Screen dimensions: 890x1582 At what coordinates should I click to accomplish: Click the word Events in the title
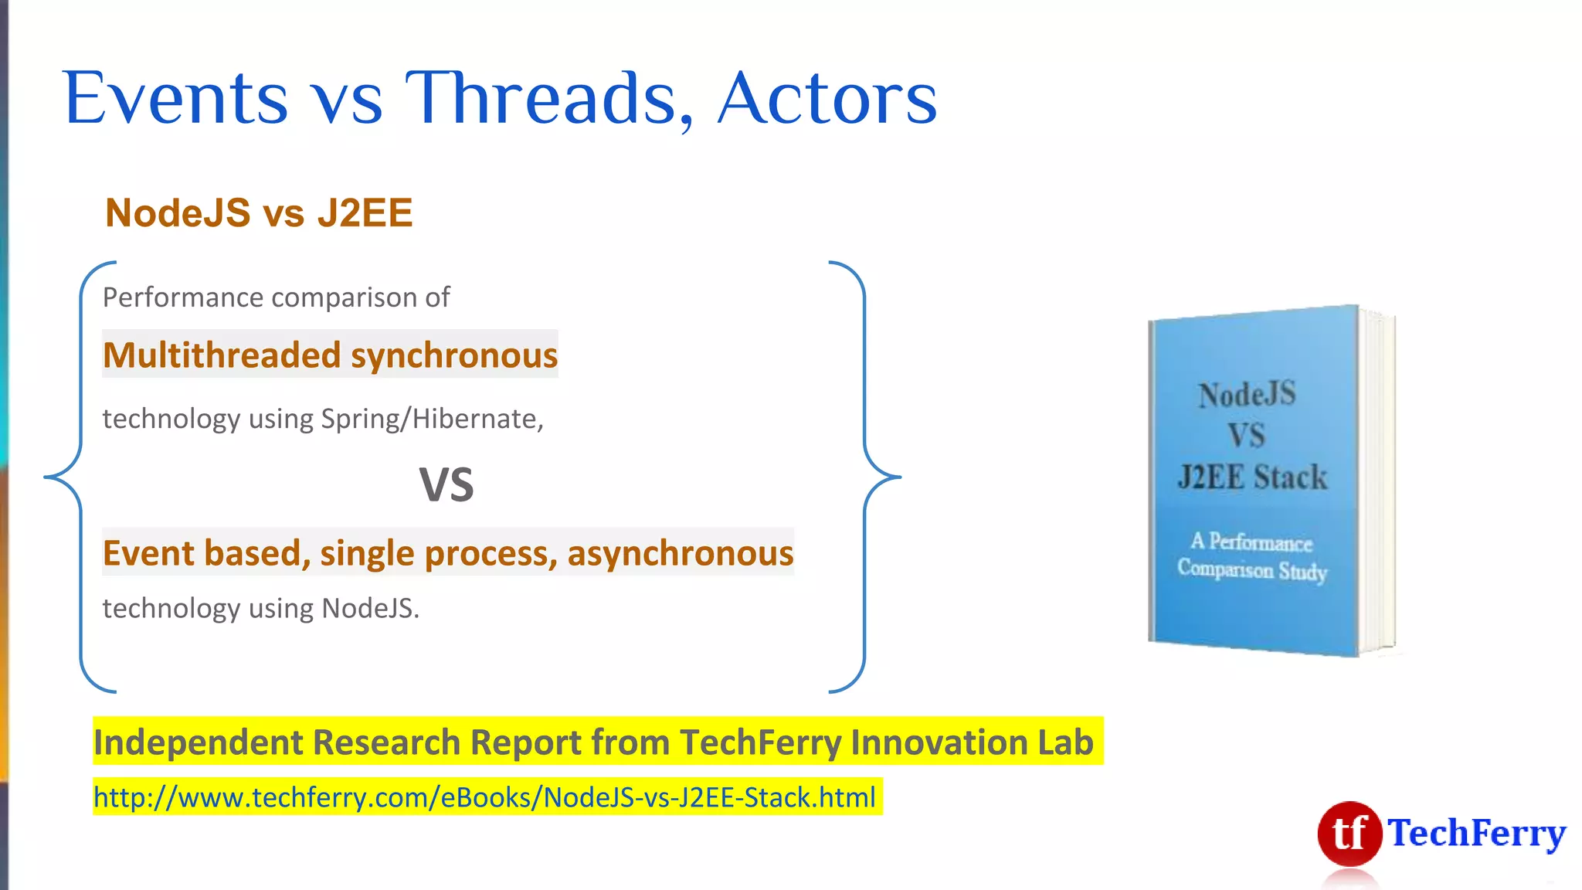pos(176,99)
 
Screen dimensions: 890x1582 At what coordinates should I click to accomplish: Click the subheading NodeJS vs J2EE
pos(259,213)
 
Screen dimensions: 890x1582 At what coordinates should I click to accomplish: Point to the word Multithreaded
pos(222,355)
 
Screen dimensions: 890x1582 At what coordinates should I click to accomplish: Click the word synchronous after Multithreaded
pos(454,355)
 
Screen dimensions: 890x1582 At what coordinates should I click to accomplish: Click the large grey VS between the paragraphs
pos(446,485)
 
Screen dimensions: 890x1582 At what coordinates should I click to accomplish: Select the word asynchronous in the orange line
pos(680,553)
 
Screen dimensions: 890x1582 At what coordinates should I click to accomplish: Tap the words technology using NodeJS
pos(260,609)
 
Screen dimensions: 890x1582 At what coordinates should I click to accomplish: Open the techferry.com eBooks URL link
pos(485,797)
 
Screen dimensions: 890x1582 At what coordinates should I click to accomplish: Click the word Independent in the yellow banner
pos(199,742)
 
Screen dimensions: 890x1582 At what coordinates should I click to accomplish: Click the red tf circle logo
pos(1349,834)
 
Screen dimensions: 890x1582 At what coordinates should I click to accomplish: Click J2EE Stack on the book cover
pos(1252,477)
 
